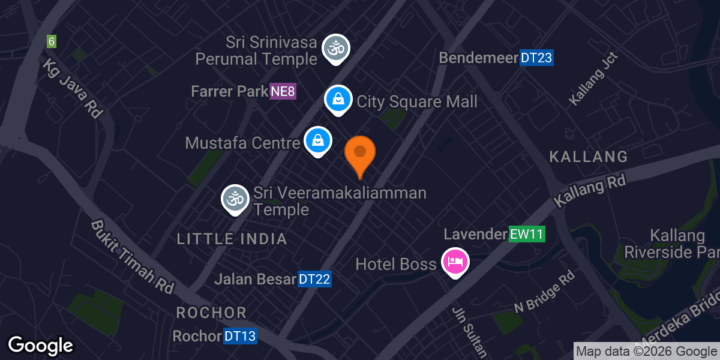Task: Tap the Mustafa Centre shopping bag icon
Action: pyautogui.click(x=317, y=141)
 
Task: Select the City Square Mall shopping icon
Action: pyautogui.click(x=338, y=100)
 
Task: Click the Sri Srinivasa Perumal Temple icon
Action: pyautogui.click(x=336, y=49)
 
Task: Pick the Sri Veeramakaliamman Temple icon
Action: pyautogui.click(x=235, y=198)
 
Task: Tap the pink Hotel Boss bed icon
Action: pyautogui.click(x=455, y=262)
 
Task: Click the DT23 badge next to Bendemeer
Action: pyautogui.click(x=536, y=58)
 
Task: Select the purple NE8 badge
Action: pyautogui.click(x=283, y=92)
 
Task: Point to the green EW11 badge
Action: pyautogui.click(x=527, y=234)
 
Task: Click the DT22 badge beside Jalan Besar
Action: pyautogui.click(x=315, y=279)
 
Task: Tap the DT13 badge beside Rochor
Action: pyautogui.click(x=240, y=337)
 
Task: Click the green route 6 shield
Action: pyautogui.click(x=52, y=41)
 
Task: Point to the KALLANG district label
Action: pyautogui.click(x=589, y=157)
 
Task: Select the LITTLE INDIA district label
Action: pyautogui.click(x=232, y=239)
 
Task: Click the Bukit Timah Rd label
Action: pyautogui.click(x=132, y=256)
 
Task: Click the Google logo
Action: pyautogui.click(x=40, y=346)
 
